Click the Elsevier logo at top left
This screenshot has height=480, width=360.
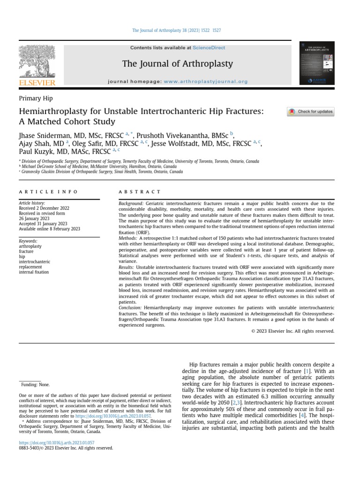[x=37, y=66]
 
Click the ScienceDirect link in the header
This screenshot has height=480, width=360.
[x=209, y=48]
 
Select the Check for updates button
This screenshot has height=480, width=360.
[x=310, y=112]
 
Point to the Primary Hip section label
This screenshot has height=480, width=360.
[x=36, y=98]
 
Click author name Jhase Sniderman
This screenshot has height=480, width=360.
[x=47, y=135]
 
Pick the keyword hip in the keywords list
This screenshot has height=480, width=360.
[x=22, y=257]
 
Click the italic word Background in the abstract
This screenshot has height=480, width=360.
[x=131, y=203]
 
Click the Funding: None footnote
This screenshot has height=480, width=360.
[x=36, y=385]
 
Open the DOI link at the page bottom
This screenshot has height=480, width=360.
[x=56, y=442]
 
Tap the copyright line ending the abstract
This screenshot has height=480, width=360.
[x=293, y=331]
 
